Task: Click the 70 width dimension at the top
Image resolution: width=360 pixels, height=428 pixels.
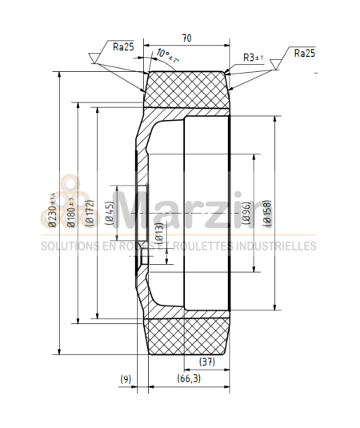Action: (186, 37)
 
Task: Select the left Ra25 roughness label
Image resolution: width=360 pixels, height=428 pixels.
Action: (123, 47)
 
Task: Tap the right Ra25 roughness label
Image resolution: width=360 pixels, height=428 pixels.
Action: (304, 53)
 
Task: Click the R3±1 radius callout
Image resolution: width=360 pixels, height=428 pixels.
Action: (254, 58)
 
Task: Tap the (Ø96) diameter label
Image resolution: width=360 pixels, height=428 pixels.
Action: (246, 212)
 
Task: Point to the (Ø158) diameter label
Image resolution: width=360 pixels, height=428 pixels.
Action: (266, 212)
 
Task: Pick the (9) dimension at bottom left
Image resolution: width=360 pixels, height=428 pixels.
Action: (126, 378)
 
